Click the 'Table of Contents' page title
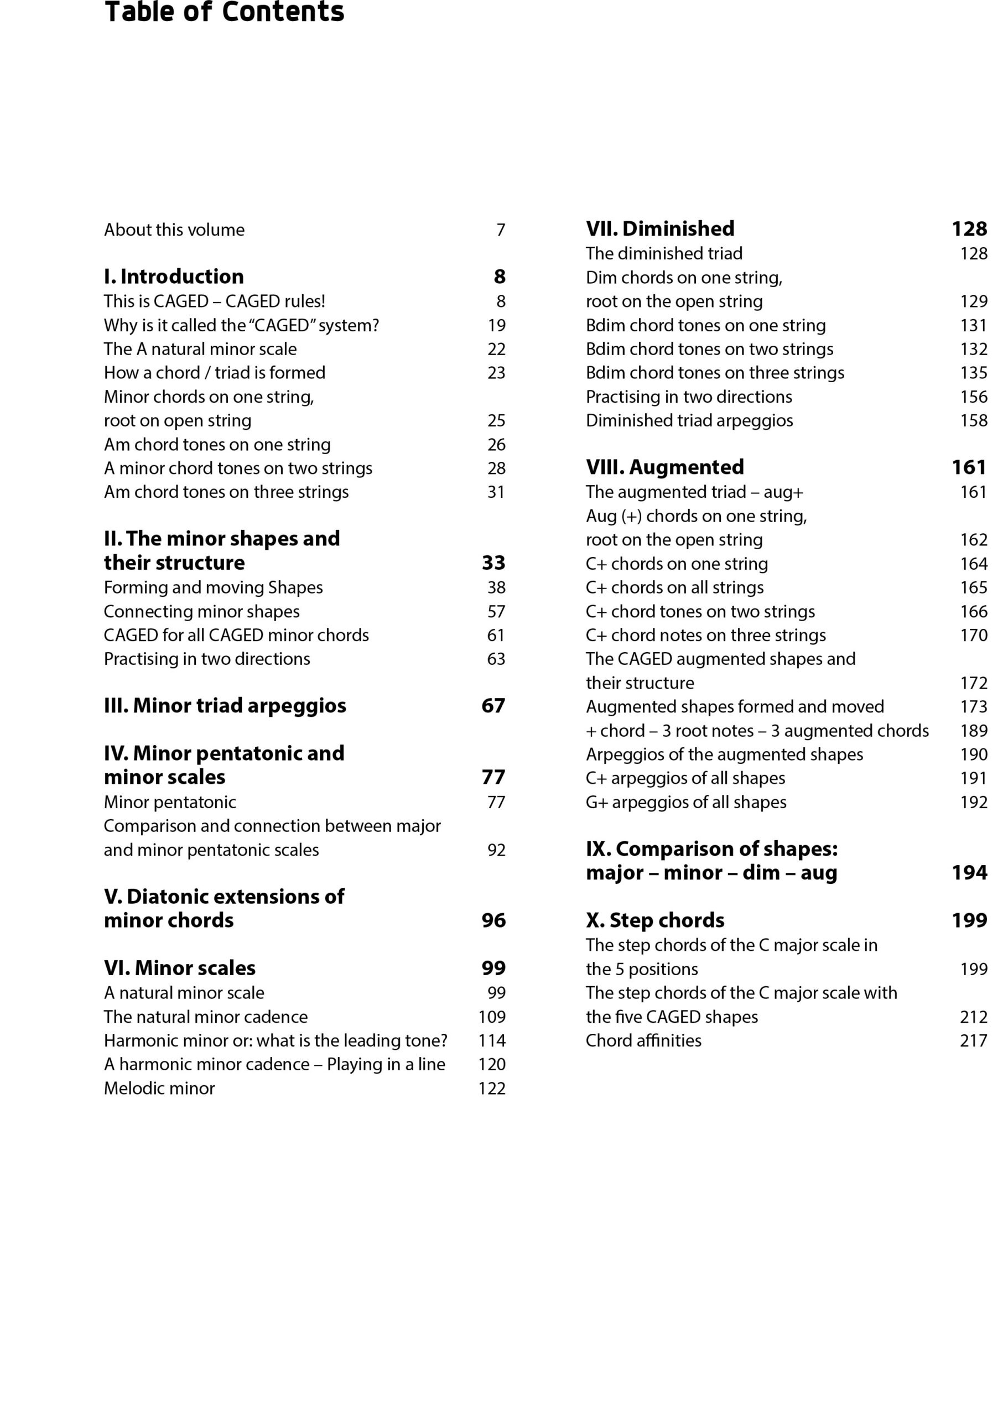pyautogui.click(x=224, y=12)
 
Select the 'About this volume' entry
pyautogui.click(x=174, y=230)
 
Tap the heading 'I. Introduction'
pyautogui.click(x=174, y=277)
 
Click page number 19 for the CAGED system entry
pyautogui.click(x=497, y=325)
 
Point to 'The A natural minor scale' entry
pyautogui.click(x=200, y=350)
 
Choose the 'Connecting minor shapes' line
pyautogui.click(x=201, y=612)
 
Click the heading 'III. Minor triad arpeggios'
pyautogui.click(x=225, y=706)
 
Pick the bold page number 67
pyautogui.click(x=493, y=706)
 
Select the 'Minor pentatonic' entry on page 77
pyautogui.click(x=169, y=803)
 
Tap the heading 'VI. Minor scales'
pyautogui.click(x=179, y=969)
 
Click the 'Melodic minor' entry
pyautogui.click(x=159, y=1089)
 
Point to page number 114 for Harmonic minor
pyautogui.click(x=492, y=1040)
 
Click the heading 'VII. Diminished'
pyautogui.click(x=660, y=229)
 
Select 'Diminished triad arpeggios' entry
pyautogui.click(x=689, y=421)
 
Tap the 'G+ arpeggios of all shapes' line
pyautogui.click(x=686, y=803)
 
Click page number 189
pyautogui.click(x=973, y=731)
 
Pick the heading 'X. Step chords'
pyautogui.click(x=655, y=921)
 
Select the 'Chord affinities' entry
pyautogui.click(x=643, y=1040)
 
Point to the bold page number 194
pyautogui.click(x=969, y=873)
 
